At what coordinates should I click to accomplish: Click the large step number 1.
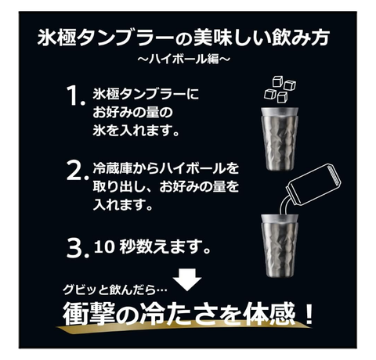tap(74, 95)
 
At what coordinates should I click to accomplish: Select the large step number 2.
tap(75, 170)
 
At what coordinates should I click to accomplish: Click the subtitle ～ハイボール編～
tap(184, 59)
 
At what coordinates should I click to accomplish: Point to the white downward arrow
tap(187, 279)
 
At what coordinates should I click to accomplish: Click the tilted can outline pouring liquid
tap(314, 184)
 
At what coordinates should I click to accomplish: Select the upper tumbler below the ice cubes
tap(280, 139)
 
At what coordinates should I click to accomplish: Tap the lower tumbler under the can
tap(280, 246)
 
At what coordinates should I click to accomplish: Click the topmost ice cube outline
tap(278, 81)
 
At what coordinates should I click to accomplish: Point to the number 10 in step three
tap(104, 247)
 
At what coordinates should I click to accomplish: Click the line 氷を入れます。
tap(136, 130)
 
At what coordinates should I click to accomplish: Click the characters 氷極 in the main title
tap(57, 38)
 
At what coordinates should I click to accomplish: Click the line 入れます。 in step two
tap(123, 204)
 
